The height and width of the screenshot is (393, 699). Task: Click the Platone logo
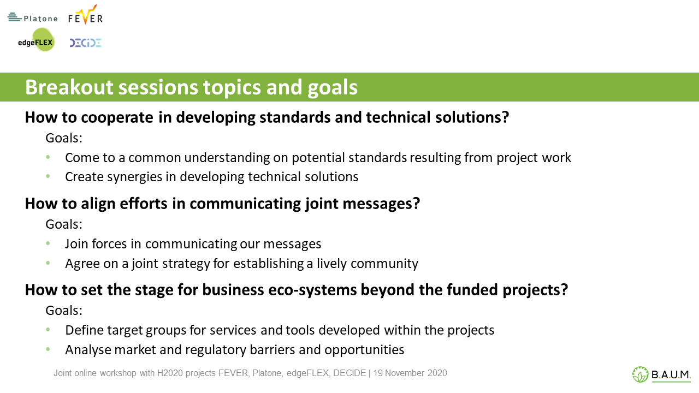[33, 17]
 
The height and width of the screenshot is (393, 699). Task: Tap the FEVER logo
[86, 15]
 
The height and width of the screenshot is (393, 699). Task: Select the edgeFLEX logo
[36, 40]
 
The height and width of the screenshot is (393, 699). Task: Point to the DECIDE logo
[85, 43]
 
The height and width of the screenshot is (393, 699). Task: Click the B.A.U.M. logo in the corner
[661, 374]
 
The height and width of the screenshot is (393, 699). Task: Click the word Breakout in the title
[69, 87]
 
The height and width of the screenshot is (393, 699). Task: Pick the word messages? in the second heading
[381, 204]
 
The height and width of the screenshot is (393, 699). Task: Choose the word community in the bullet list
[384, 264]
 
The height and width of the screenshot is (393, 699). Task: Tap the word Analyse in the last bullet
[88, 350]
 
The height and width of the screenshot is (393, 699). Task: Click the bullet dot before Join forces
[48, 243]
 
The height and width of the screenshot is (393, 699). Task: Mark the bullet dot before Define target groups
[48, 329]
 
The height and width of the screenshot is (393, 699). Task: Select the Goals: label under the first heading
[64, 138]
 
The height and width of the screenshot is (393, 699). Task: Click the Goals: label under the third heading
[64, 311]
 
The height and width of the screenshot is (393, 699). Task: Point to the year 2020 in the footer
[437, 373]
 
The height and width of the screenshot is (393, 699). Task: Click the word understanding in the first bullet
[227, 158]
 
